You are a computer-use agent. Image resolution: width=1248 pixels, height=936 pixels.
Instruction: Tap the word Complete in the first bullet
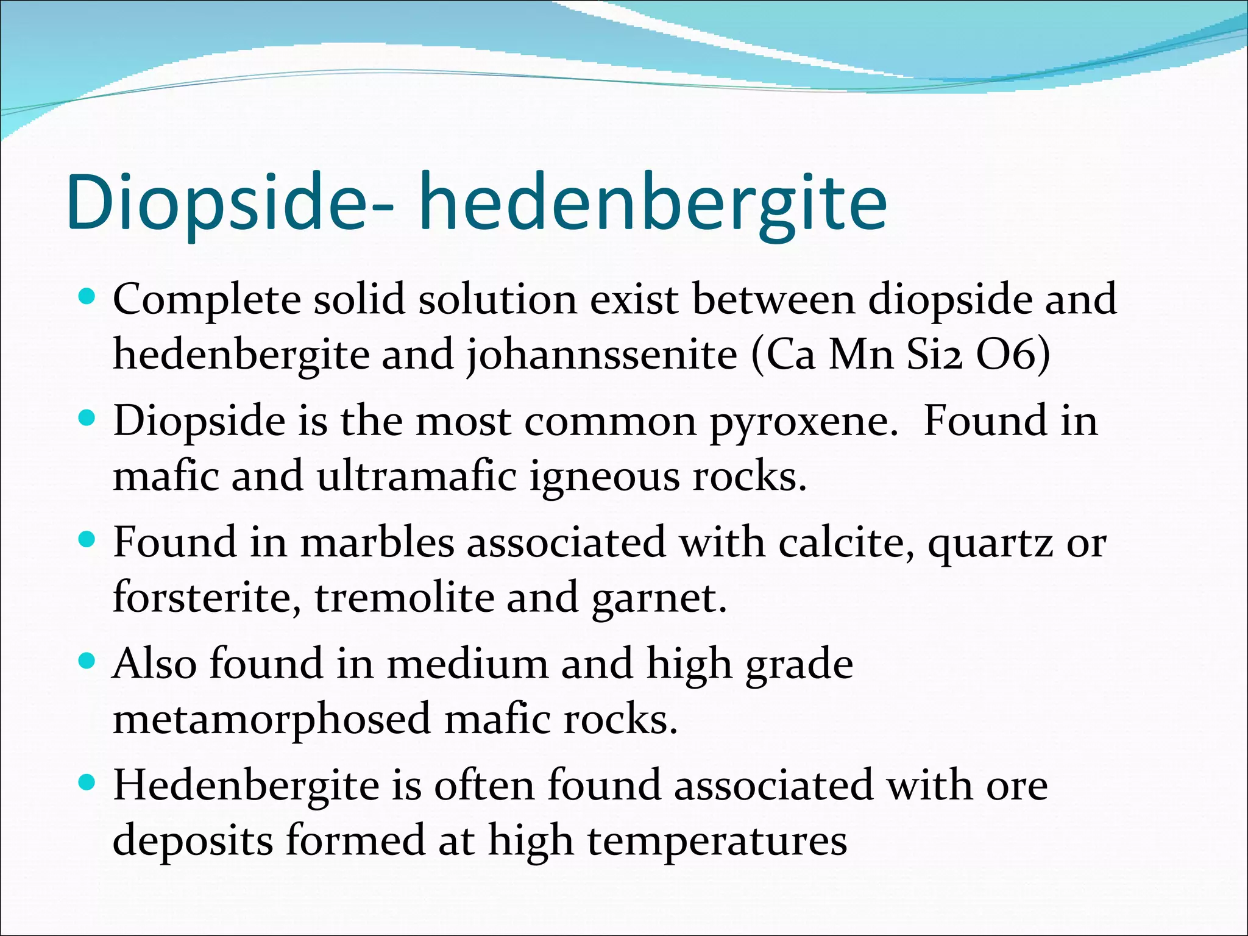(x=207, y=301)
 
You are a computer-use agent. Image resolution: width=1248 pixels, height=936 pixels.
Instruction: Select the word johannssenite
(x=602, y=355)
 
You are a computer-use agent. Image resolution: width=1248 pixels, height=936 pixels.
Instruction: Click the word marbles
(x=378, y=542)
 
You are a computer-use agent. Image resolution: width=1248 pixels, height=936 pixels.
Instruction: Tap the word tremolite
(x=404, y=597)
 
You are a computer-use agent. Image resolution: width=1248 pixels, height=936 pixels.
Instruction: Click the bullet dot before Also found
(x=88, y=661)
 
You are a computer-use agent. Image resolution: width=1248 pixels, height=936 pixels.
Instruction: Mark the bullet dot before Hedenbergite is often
(x=88, y=782)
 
